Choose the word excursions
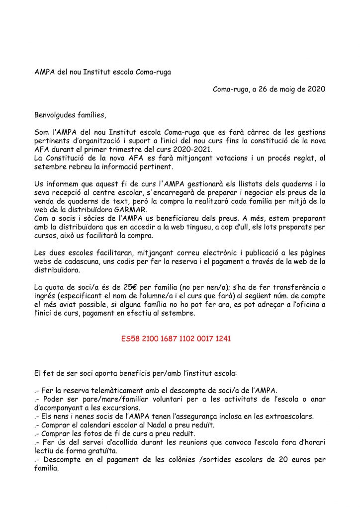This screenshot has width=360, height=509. pyautogui.click(x=120, y=407)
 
